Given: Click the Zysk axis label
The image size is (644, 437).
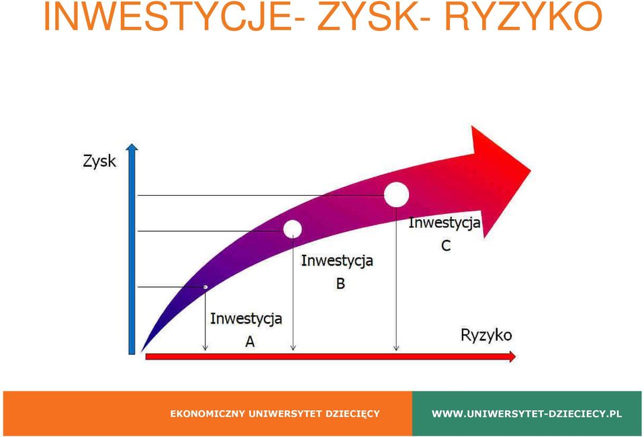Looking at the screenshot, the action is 99,161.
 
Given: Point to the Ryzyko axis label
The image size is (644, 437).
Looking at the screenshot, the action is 486,335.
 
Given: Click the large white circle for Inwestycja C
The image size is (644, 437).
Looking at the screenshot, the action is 396,194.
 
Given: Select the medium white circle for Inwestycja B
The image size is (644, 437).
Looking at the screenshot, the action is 292,229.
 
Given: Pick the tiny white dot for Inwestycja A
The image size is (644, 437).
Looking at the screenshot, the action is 205,286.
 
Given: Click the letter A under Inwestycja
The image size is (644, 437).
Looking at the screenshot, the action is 250,342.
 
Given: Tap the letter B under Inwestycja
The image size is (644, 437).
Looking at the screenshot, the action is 340,283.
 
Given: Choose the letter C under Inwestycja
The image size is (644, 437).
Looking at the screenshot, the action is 446,246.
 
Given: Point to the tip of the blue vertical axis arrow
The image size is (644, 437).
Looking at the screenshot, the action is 132,145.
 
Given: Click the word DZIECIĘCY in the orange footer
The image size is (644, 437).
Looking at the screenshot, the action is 353,413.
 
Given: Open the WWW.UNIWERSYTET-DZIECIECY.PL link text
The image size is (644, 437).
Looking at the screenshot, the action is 526,413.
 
